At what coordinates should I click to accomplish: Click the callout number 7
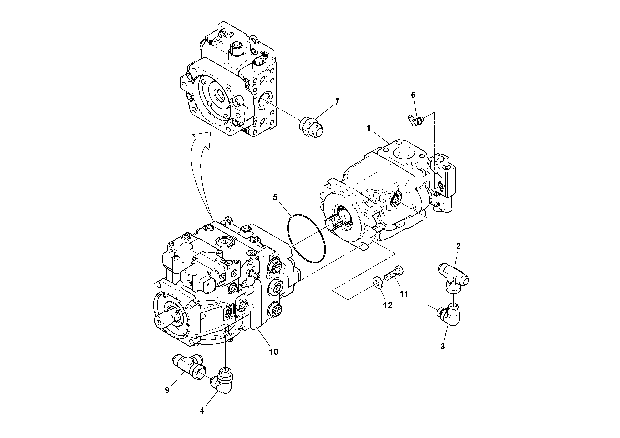(x=337, y=102)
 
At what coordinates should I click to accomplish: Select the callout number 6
(x=413, y=95)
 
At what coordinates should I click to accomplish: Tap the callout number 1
(x=368, y=129)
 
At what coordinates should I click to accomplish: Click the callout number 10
(x=273, y=352)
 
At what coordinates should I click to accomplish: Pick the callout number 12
(x=388, y=305)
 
